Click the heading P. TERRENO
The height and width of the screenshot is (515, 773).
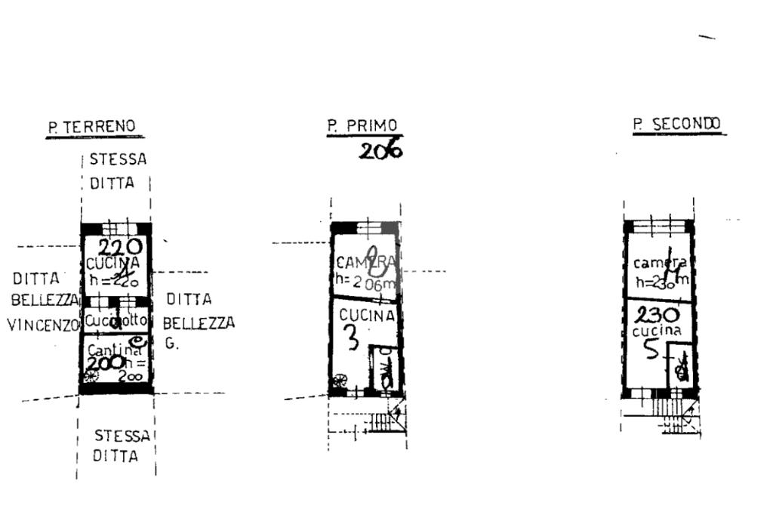pos(93,127)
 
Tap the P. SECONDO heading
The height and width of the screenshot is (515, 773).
pos(678,125)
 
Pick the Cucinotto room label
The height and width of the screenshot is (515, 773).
pos(115,321)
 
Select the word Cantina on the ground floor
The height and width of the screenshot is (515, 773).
pos(115,350)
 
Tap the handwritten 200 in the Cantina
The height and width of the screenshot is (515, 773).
pos(105,362)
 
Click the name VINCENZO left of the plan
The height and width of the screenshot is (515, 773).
pos(44,325)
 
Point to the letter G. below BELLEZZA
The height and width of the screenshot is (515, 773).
pos(171,343)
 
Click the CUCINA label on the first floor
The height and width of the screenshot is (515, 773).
pos(366,316)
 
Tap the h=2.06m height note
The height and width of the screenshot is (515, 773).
pos(366,283)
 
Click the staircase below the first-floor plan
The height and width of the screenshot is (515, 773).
pos(391,420)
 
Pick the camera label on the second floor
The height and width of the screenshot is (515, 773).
pos(659,264)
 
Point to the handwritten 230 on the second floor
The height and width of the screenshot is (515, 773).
pos(656,315)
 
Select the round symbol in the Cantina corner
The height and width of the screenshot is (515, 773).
pos(91,377)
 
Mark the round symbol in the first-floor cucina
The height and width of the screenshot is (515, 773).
pos(340,380)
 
